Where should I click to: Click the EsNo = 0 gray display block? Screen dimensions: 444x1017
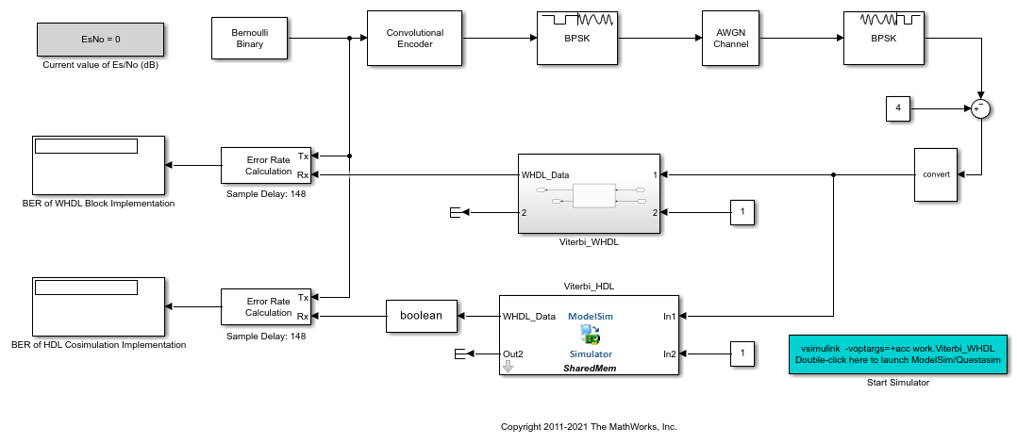tap(101, 40)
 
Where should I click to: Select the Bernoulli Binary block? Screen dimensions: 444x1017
tap(249, 39)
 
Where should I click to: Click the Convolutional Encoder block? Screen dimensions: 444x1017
tap(414, 39)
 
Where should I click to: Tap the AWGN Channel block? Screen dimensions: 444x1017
tap(731, 39)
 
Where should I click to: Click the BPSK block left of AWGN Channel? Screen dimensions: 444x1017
tap(575, 39)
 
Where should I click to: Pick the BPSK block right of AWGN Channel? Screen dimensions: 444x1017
tap(882, 39)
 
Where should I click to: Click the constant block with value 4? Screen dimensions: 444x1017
tap(898, 109)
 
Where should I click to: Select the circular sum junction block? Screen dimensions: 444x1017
tap(982, 109)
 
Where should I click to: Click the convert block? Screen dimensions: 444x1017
tap(936, 174)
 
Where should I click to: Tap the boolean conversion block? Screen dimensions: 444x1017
tap(422, 316)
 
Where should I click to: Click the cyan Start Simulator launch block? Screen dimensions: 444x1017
tap(898, 354)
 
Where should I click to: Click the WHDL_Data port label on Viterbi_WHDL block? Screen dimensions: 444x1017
tap(544, 174)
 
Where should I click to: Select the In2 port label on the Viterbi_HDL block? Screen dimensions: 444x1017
tap(669, 354)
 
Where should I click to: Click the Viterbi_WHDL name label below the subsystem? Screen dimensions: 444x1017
tap(589, 241)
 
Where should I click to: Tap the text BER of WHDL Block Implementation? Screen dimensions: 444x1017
tap(98, 203)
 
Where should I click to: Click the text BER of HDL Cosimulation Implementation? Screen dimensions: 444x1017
tap(104, 344)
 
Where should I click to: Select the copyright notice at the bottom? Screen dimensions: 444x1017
tap(589, 426)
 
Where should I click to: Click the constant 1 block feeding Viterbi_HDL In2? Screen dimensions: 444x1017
tap(742, 354)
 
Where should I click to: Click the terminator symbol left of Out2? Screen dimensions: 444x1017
tap(460, 354)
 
